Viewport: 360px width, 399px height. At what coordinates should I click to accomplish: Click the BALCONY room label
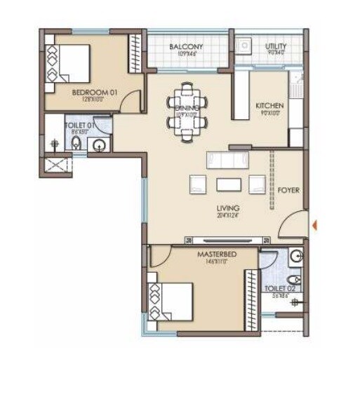point(187,47)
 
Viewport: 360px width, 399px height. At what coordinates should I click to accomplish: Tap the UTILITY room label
point(275,47)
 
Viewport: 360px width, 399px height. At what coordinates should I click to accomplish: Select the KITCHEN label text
point(269,105)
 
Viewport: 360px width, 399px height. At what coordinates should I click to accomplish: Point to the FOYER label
point(288,190)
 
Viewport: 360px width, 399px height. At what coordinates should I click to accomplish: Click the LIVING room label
point(228,208)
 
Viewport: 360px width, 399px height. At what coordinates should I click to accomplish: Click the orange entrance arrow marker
point(315,225)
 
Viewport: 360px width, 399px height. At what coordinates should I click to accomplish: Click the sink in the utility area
point(244,46)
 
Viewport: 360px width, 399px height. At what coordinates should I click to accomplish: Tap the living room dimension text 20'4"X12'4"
point(228,216)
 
